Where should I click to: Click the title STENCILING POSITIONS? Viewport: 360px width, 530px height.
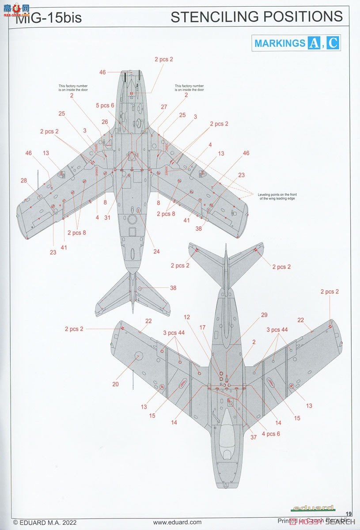click(256, 17)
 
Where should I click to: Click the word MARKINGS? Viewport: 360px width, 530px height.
click(280, 43)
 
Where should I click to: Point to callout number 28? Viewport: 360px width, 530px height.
click(23, 180)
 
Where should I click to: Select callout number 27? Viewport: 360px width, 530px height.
click(164, 107)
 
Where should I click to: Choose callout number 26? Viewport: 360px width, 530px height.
click(105, 122)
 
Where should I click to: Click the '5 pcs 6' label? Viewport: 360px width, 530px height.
click(105, 105)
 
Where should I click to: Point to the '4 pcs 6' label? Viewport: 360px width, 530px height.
click(270, 434)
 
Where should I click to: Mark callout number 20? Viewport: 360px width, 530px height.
click(115, 384)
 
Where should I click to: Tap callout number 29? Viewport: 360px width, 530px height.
click(264, 315)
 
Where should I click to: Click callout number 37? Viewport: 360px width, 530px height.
click(253, 425)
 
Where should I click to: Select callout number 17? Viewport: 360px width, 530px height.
click(202, 327)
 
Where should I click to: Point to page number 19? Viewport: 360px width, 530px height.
click(349, 513)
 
